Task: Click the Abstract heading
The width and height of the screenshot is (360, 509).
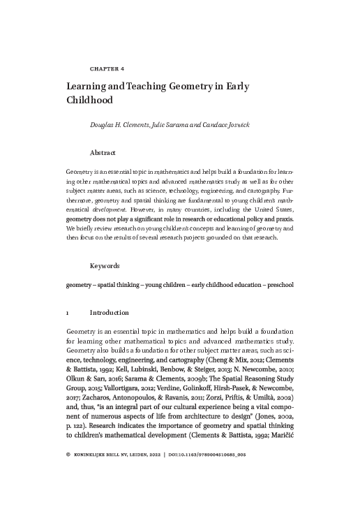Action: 103,152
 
